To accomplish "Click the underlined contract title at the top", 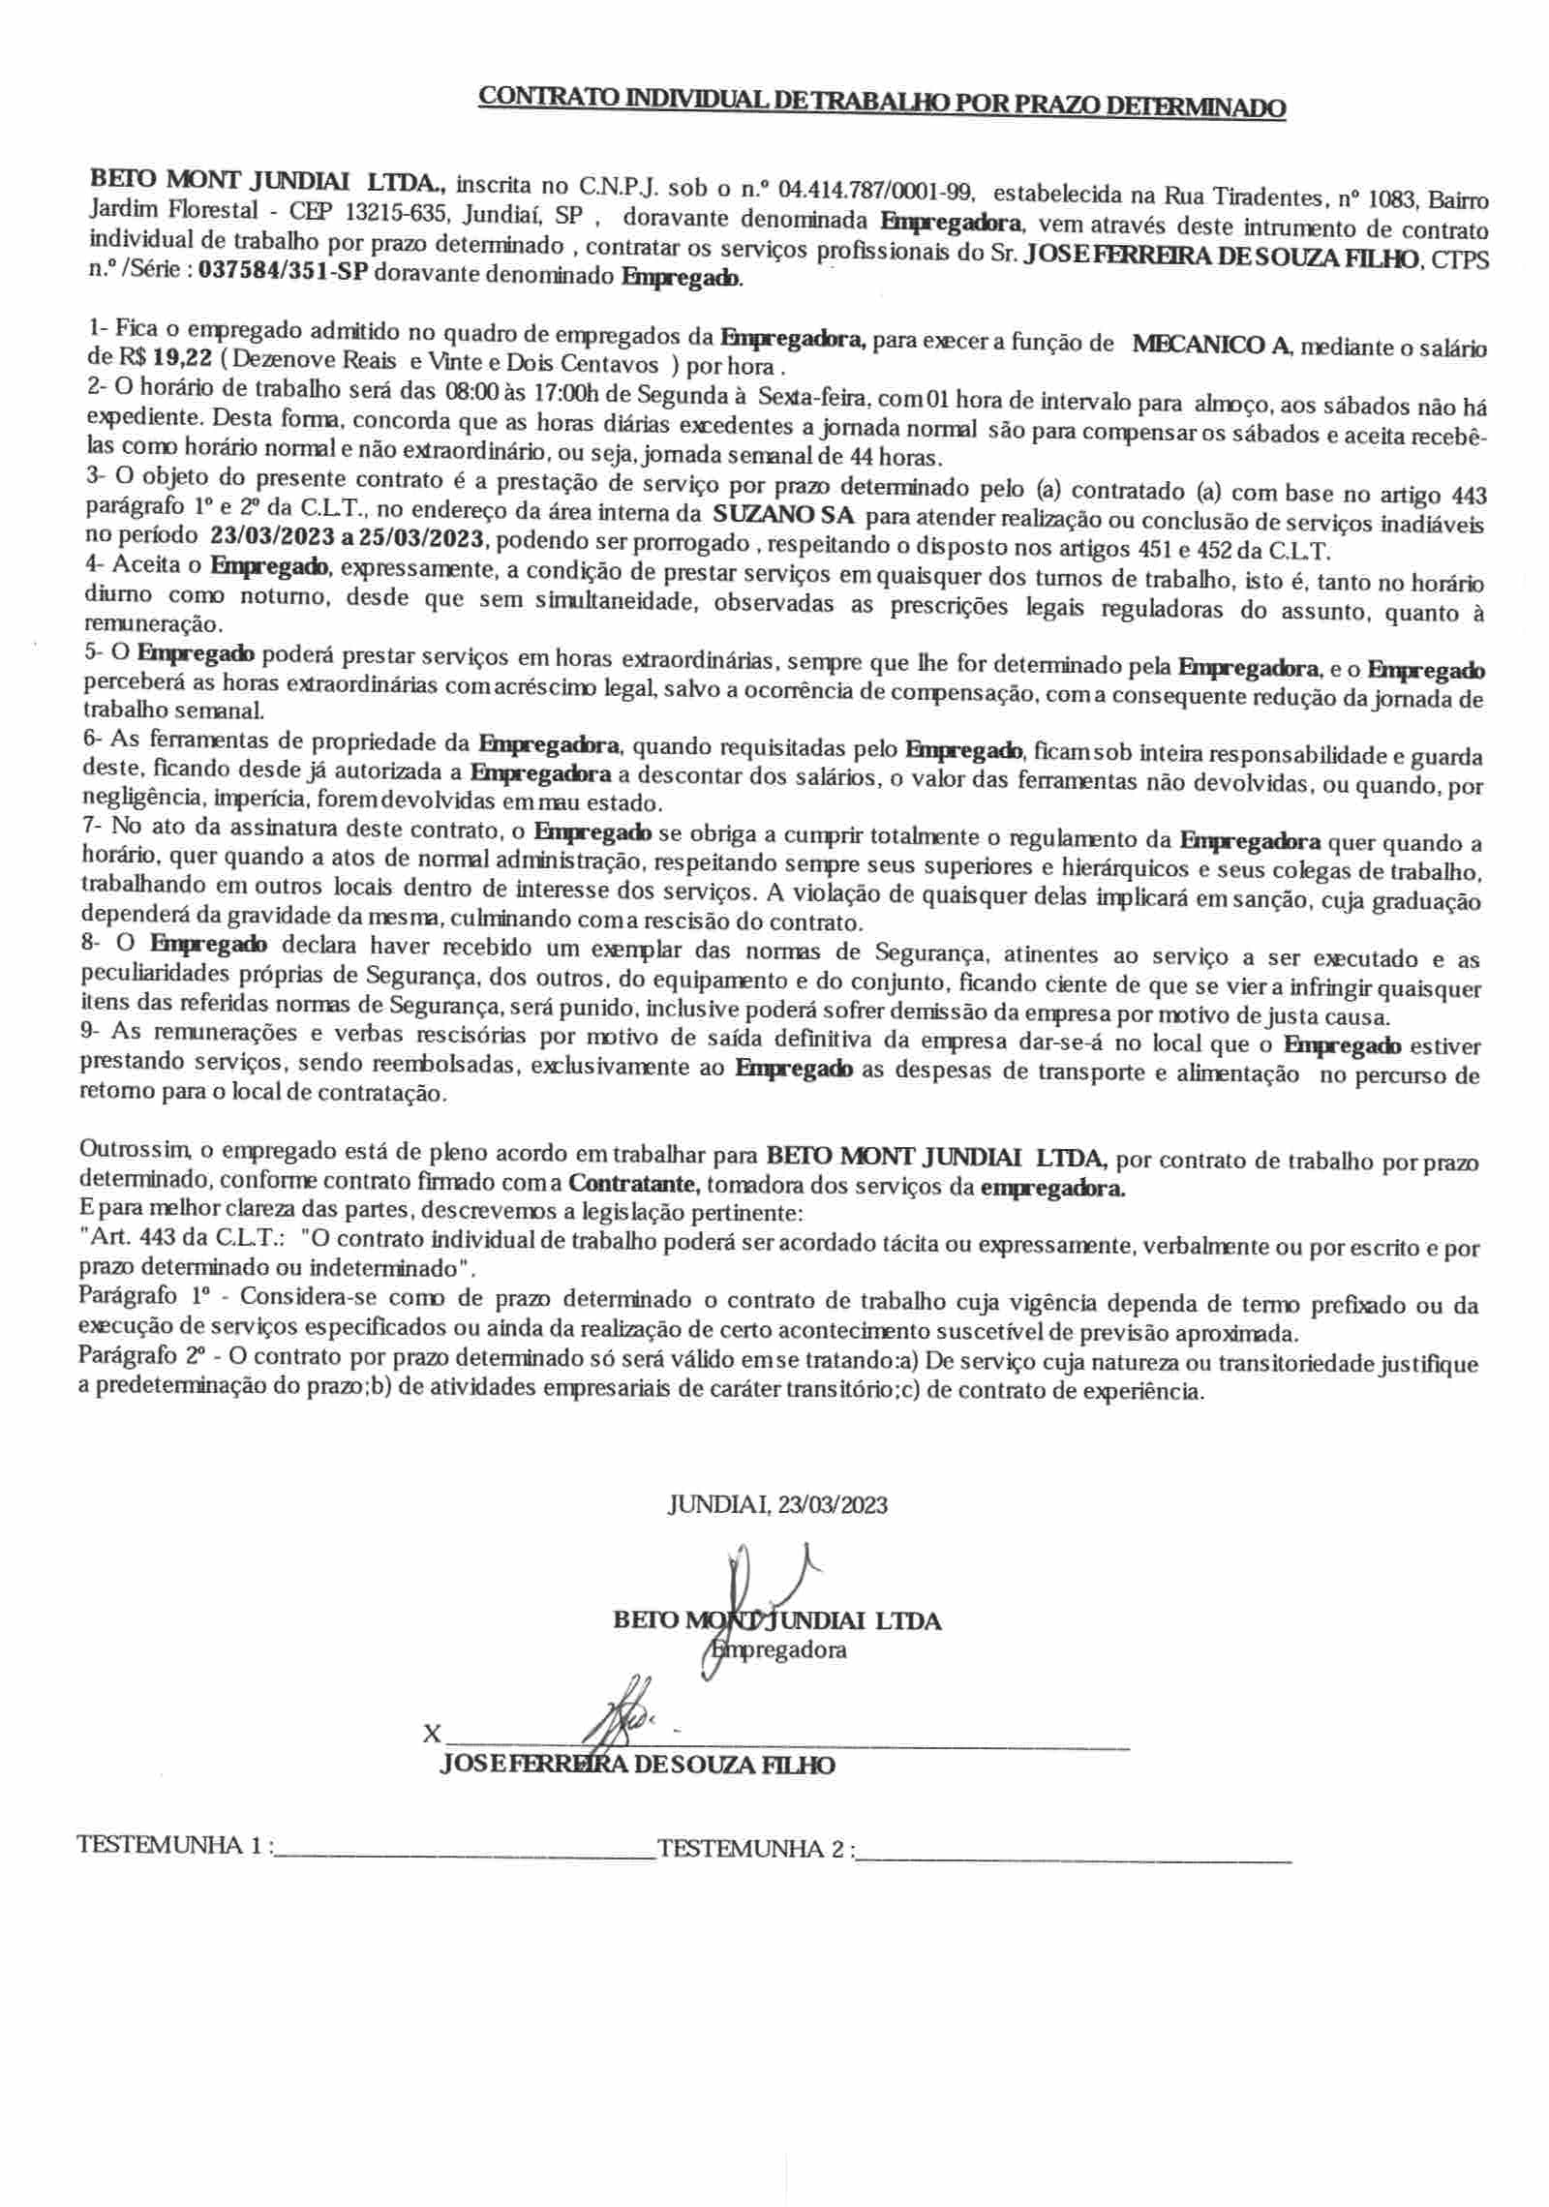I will tap(882, 102).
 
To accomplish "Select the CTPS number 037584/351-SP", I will tap(284, 273).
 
